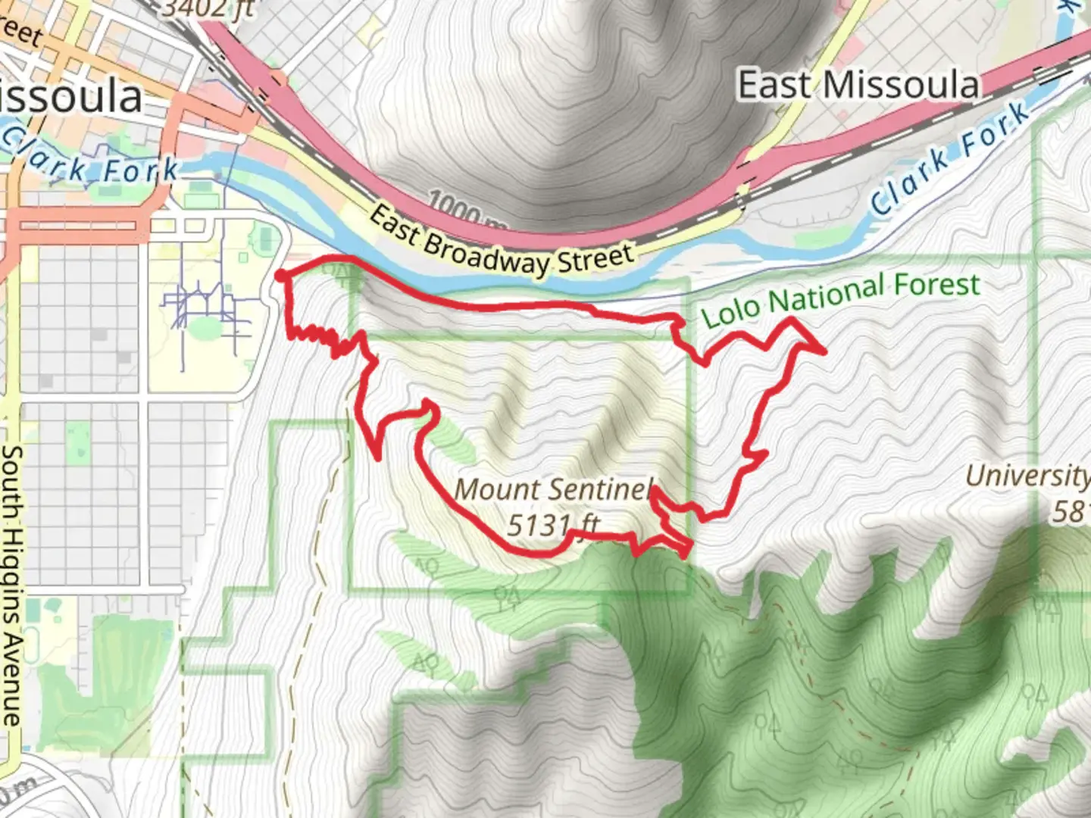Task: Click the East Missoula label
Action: (x=858, y=85)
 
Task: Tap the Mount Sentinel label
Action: (x=553, y=489)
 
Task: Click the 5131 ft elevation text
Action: (x=553, y=524)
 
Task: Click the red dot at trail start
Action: (x=280, y=275)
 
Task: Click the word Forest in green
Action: (x=937, y=286)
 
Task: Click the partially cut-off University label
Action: (x=1027, y=476)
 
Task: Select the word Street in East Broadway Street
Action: (x=596, y=258)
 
